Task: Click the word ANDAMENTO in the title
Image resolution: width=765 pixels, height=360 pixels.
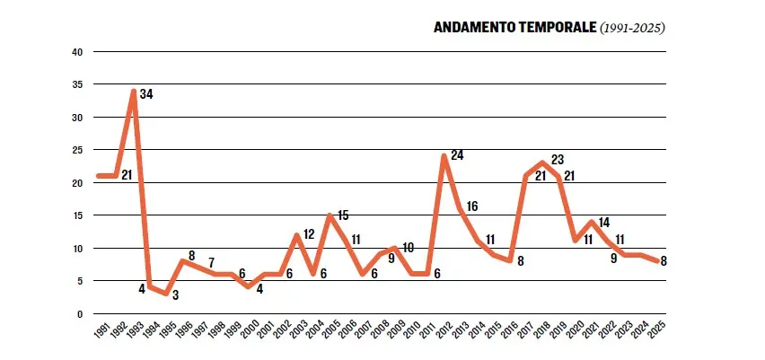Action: coord(473,28)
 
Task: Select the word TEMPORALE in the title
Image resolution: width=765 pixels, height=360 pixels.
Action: coord(556,28)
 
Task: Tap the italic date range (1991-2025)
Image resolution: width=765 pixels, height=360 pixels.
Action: coord(631,28)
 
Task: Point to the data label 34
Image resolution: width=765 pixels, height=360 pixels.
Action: coord(147,93)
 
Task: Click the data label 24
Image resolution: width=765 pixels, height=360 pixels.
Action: coord(457,155)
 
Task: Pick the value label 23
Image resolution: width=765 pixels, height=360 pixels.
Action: coord(557,160)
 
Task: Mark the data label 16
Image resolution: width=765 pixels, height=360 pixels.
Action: coord(471,206)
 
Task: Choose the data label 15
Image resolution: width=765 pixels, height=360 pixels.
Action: coord(342,215)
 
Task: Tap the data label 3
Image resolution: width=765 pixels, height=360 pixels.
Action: coord(175,295)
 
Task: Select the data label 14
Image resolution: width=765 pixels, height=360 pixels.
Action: coord(602,222)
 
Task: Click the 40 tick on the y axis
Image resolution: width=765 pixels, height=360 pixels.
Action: coord(77,52)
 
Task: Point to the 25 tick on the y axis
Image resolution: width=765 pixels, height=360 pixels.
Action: coord(77,150)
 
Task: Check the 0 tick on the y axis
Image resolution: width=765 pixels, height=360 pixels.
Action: coord(80,314)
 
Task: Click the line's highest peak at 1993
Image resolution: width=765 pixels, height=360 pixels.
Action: coord(133,92)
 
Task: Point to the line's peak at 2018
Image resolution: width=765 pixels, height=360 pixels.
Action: coord(541,163)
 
